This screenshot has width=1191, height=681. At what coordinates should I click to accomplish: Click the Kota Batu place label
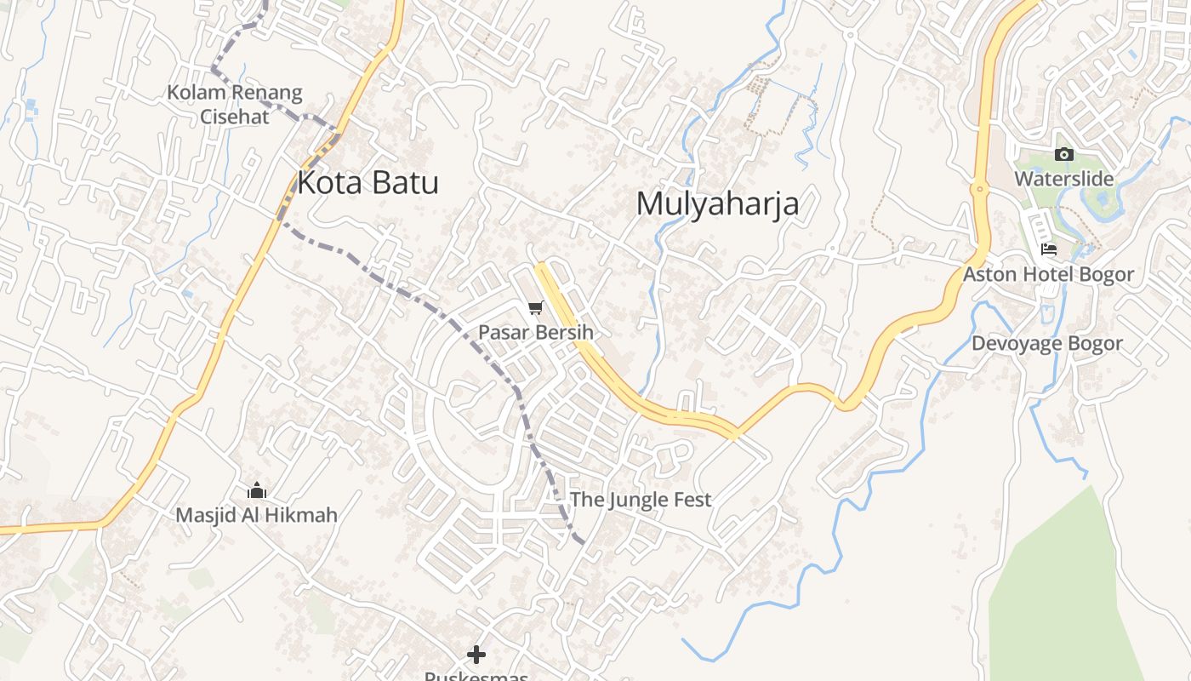(x=368, y=183)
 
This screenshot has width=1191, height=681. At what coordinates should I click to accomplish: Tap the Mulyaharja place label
(x=717, y=204)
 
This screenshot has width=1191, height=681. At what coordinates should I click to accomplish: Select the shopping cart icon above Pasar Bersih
(x=535, y=308)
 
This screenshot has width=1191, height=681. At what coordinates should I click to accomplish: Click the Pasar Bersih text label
(x=535, y=332)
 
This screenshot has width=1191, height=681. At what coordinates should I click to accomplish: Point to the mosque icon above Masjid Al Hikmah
(x=256, y=491)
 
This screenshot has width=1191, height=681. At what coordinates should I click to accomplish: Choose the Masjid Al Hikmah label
(x=256, y=515)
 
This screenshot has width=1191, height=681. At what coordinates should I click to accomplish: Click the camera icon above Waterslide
(x=1063, y=154)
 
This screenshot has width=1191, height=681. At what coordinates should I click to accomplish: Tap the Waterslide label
(x=1063, y=179)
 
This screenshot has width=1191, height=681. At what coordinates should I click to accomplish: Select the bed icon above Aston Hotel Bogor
(x=1049, y=249)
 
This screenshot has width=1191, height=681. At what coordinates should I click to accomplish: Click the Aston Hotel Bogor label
(x=1048, y=274)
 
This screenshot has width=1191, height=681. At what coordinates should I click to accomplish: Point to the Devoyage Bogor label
(x=1047, y=344)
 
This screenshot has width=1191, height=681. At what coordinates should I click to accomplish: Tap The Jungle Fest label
(x=640, y=500)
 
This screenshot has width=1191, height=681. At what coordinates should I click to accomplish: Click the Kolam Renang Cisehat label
(x=235, y=104)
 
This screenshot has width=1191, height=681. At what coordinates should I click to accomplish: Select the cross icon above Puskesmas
(x=476, y=654)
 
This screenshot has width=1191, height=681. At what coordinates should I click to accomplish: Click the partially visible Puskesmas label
(x=476, y=676)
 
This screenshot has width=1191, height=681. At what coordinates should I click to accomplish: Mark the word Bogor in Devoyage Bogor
(x=1096, y=344)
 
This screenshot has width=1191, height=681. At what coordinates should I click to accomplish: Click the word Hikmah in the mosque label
(x=302, y=515)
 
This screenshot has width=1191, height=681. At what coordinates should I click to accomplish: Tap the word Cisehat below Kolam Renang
(x=235, y=117)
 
